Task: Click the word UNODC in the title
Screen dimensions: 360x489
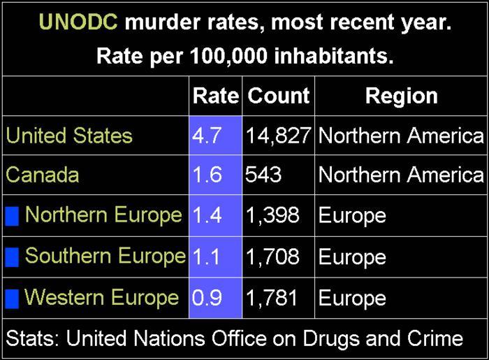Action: pyautogui.click(x=78, y=23)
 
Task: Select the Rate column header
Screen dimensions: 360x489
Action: pyautogui.click(x=215, y=96)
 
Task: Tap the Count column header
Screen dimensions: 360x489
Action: pyautogui.click(x=279, y=96)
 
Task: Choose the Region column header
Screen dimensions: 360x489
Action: pyautogui.click(x=401, y=96)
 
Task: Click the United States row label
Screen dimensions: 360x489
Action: pyautogui.click(x=69, y=135)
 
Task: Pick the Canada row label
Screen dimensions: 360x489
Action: pyautogui.click(x=43, y=175)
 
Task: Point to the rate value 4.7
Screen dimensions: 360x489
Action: pyautogui.click(x=207, y=135)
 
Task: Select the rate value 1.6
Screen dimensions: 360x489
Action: pyautogui.click(x=207, y=175)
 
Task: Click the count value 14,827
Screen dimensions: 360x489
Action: pyautogui.click(x=278, y=135)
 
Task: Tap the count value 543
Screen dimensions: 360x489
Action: pyautogui.click(x=263, y=175)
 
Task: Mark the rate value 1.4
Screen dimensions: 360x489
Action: pyautogui.click(x=207, y=215)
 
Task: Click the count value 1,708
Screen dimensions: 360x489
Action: pyautogui.click(x=272, y=257)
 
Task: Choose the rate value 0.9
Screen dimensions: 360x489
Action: pyautogui.click(x=207, y=298)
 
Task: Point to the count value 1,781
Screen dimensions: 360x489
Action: pyautogui.click(x=272, y=298)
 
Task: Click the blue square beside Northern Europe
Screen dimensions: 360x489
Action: pyautogui.click(x=12, y=216)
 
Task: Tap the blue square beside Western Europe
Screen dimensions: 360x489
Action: pyautogui.click(x=12, y=298)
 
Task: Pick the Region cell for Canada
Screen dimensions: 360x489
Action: pyautogui.click(x=401, y=175)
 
